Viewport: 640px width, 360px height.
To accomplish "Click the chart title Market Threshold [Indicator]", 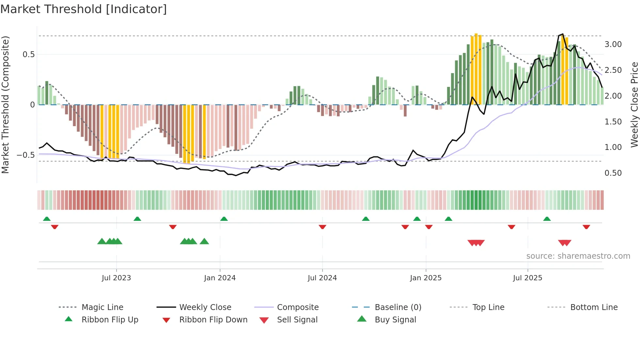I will (84, 9).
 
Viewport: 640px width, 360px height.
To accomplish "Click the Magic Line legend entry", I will (102, 307).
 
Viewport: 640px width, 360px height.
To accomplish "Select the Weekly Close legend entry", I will (205, 307).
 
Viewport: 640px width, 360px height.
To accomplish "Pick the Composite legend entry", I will (297, 307).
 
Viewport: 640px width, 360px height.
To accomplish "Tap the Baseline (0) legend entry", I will (398, 307).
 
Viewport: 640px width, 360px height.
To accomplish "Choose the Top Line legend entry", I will (488, 307).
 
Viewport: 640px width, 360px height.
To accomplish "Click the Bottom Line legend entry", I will (594, 307).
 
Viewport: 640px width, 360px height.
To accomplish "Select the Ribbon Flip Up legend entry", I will (110, 320).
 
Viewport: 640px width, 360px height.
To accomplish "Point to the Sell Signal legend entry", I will (297, 320).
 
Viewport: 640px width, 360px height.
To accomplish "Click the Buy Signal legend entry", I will (395, 320).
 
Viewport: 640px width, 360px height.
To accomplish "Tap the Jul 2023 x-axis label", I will (116, 278).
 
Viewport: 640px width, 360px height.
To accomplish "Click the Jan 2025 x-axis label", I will (425, 278).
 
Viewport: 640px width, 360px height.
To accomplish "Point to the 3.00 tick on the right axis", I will (613, 44).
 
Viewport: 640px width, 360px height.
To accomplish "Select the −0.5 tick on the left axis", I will (25, 155).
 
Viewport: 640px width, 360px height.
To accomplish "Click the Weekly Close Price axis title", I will (634, 105).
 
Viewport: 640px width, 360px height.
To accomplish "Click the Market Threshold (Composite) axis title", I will (5, 105).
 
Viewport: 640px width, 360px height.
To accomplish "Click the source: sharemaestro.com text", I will (578, 256).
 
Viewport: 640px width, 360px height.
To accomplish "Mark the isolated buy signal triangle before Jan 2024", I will (204, 241).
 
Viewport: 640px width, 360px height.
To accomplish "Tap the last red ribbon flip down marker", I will (586, 227).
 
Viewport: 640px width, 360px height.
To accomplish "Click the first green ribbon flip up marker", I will (47, 219).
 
